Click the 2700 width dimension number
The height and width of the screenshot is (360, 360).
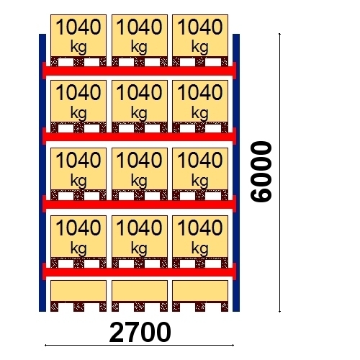(140, 333)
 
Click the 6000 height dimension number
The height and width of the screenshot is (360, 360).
(261, 171)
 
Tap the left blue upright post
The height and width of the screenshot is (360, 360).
(42, 173)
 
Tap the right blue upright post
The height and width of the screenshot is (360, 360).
(236, 173)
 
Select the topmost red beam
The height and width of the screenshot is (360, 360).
(139, 71)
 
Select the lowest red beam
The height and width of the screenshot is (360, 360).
(139, 271)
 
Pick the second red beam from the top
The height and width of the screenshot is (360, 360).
(139, 136)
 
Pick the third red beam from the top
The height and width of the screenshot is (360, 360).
(139, 204)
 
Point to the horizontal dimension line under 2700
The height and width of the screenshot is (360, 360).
(139, 346)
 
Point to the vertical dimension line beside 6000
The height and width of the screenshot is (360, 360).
(279, 173)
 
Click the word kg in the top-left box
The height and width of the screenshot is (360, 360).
(78, 47)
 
